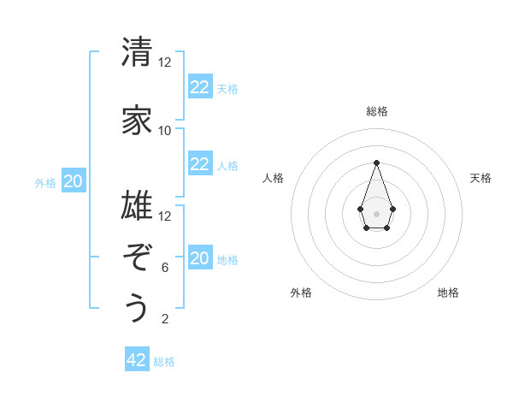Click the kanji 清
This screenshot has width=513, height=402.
[137, 52]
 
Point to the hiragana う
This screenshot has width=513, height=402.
[137, 308]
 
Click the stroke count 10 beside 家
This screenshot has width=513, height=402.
[165, 130]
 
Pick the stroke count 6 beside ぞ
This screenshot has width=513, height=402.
[165, 267]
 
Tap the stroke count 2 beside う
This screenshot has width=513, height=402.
[165, 319]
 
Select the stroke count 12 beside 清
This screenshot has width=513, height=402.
[165, 62]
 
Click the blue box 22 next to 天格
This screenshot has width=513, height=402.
[200, 86]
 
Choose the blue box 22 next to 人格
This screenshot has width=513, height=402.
[200, 164]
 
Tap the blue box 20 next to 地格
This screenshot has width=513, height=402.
[200, 258]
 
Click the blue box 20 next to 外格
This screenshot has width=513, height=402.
[74, 181]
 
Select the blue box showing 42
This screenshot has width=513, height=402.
[137, 360]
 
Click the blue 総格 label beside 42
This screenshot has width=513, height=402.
[164, 362]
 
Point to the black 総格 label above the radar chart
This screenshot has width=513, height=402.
[377, 111]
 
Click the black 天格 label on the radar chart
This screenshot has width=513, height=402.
[481, 178]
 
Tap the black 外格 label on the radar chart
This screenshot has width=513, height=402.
[301, 293]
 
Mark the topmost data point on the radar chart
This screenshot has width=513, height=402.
[376, 163]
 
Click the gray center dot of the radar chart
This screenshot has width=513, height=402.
[376, 212]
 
